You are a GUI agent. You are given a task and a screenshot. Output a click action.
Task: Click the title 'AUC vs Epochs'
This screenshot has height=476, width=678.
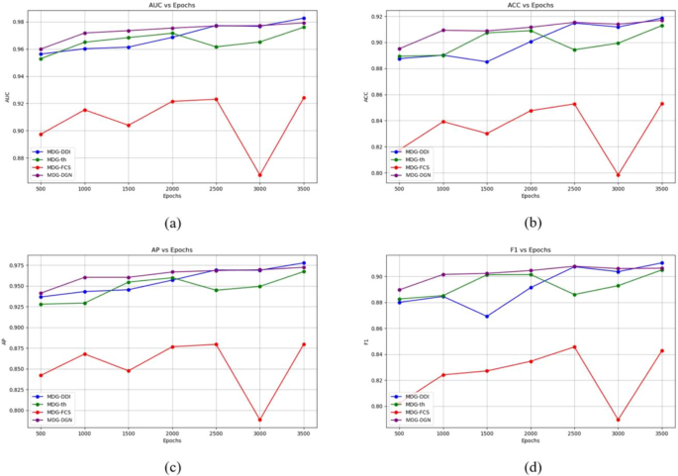pos(171,5)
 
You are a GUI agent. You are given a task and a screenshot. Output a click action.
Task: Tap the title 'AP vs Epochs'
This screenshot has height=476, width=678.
pos(171,250)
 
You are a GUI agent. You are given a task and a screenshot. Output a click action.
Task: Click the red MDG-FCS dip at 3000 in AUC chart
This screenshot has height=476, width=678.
pos(259,175)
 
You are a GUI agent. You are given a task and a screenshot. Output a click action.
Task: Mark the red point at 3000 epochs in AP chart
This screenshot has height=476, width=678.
pos(259,421)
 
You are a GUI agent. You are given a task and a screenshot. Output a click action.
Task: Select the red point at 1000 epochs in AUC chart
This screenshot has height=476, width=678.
pos(85,110)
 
